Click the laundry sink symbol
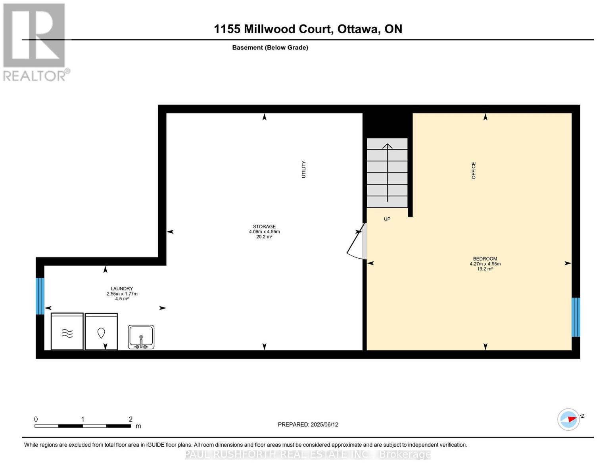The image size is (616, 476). (x=141, y=337)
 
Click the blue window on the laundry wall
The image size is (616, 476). (x=40, y=296)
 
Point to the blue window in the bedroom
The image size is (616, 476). (x=576, y=317)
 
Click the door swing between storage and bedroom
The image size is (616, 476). (x=356, y=243)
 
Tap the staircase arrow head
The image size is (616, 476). (x=387, y=146)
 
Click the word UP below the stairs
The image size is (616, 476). (x=387, y=219)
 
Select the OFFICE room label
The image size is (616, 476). (x=474, y=171)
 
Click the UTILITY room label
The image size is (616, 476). (x=304, y=169)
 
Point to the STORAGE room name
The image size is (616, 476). (x=264, y=227)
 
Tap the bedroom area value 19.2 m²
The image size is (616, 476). (x=485, y=269)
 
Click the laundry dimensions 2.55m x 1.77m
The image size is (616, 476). (x=122, y=294)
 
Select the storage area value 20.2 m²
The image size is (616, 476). (x=264, y=237)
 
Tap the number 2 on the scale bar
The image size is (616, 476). (x=130, y=419)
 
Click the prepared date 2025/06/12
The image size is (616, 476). (x=324, y=424)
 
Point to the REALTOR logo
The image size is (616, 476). (x=35, y=42)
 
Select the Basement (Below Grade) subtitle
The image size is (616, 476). (x=270, y=48)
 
